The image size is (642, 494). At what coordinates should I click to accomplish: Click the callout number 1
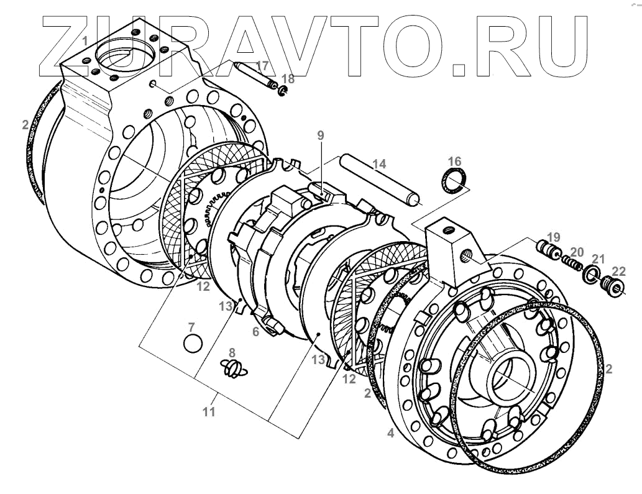(85, 41)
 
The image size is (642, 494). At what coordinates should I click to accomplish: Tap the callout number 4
(390, 434)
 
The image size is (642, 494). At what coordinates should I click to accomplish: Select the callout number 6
(255, 332)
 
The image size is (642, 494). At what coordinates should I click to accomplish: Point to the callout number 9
(320, 135)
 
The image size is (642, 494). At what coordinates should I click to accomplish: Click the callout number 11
(209, 411)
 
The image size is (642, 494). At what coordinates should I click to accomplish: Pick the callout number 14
(378, 165)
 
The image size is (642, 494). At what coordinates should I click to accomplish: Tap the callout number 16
(454, 162)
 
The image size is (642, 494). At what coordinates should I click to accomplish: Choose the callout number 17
(262, 66)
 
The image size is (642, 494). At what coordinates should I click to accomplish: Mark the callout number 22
(618, 271)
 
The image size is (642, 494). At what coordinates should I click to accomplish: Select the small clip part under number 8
(232, 368)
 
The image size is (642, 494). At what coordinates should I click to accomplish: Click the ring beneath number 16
(454, 183)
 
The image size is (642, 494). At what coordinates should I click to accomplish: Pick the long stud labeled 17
(255, 76)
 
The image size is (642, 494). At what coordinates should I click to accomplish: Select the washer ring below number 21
(592, 275)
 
